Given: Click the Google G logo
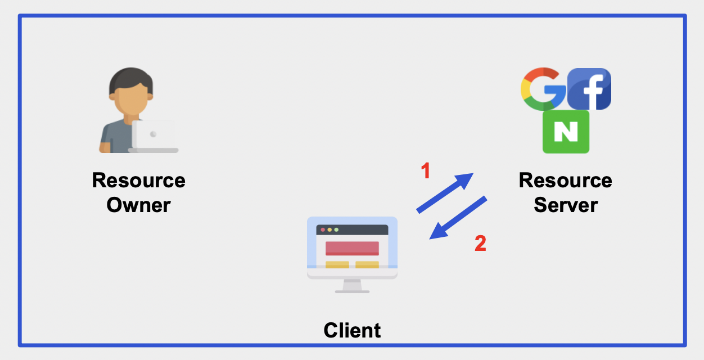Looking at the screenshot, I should tap(541, 89).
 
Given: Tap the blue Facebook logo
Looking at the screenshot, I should tap(589, 89).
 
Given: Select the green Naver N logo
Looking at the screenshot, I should tap(566, 132).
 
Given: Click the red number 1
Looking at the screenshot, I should tap(426, 170).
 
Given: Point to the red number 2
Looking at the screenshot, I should tap(480, 244).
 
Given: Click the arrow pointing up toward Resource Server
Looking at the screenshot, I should tap(445, 192).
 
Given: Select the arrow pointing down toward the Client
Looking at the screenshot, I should tap(458, 218).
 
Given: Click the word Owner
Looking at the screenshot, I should tap(138, 205).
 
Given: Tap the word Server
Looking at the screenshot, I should tap(565, 205).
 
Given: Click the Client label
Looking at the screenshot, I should tap(352, 330).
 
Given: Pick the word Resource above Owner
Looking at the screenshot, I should tap(138, 181).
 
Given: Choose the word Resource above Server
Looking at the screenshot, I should tap(565, 181).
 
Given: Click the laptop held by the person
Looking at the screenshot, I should tap(154, 136).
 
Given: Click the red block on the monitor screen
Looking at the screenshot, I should tap(352, 248).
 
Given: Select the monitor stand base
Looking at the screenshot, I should tap(352, 291).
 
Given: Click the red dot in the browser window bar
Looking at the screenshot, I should tap(322, 230).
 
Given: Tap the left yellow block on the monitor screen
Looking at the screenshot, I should tap(337, 264).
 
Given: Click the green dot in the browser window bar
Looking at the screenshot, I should tap(337, 230).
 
